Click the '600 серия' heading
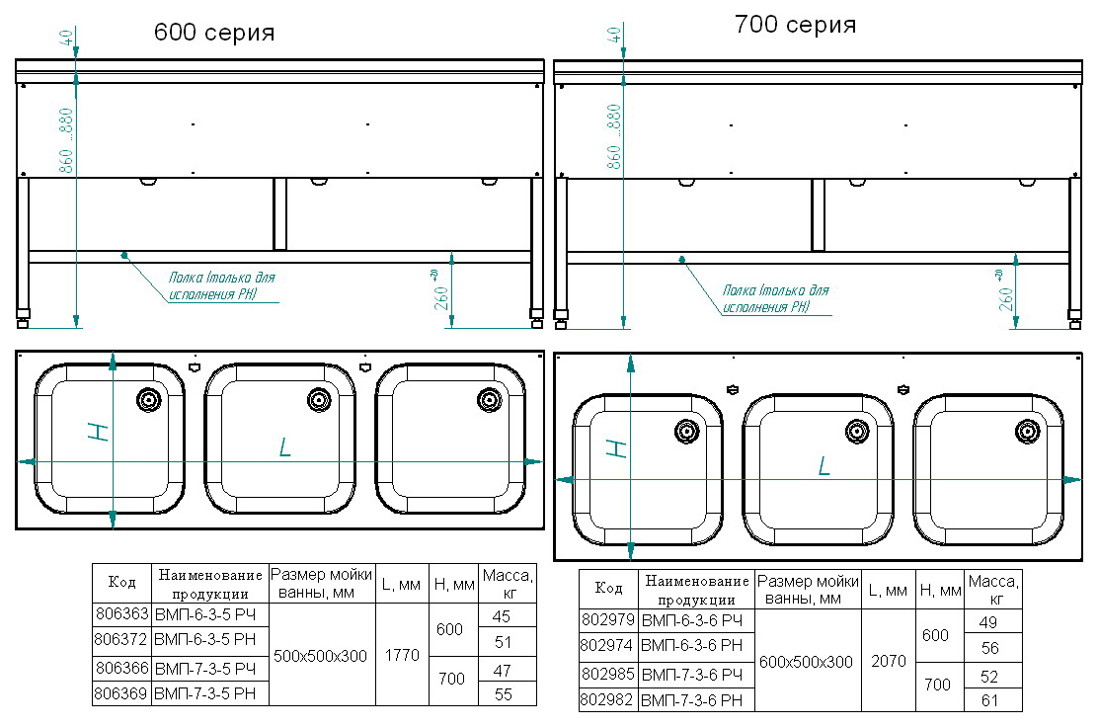pos(213,33)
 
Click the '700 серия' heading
pos(795,26)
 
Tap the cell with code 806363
pos(120,616)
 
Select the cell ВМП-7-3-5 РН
pos(205,694)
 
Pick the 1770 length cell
pos(401,655)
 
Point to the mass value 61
pos(989,700)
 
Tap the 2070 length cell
pos(888,661)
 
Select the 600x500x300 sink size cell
pos(808,661)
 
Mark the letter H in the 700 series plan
pos(615,448)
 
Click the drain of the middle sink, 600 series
pos(319,399)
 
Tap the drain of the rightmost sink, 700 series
pos(1028,430)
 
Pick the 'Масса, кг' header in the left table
pos(507,584)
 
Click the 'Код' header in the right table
pos(608,589)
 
